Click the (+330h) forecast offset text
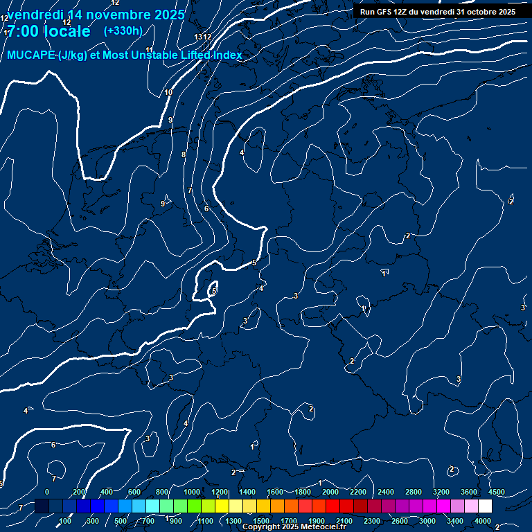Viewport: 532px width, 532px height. (x=123, y=30)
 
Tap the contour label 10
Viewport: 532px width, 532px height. (x=168, y=92)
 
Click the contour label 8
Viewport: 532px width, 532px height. (x=184, y=154)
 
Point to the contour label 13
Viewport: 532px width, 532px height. (x=199, y=37)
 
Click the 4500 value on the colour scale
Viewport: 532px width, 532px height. (x=496, y=491)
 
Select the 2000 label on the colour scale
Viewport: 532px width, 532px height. (x=330, y=491)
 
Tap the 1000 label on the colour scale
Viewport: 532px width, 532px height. (x=192, y=491)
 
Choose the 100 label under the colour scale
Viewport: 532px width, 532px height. (x=66, y=521)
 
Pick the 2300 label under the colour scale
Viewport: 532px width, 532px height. (x=372, y=521)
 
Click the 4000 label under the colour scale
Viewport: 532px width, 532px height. (x=483, y=521)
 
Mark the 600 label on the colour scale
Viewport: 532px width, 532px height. (x=134, y=491)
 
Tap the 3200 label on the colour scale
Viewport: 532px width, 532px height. (x=441, y=491)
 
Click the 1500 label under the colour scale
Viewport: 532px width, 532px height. (x=261, y=521)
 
